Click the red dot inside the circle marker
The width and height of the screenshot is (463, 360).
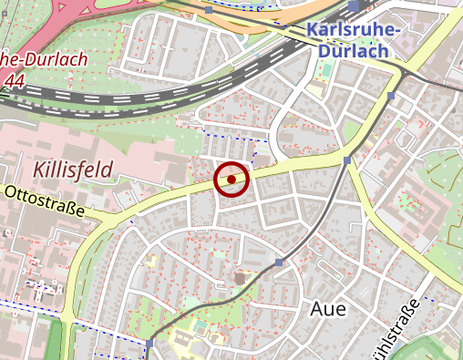(231, 180)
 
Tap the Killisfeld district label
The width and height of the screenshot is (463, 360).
(73, 170)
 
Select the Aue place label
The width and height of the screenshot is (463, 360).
(328, 308)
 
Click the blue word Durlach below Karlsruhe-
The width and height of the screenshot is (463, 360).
(353, 51)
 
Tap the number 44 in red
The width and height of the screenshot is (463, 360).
(14, 80)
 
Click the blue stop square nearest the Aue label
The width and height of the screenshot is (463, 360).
(279, 262)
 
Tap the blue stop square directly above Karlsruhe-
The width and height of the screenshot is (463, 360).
(354, 6)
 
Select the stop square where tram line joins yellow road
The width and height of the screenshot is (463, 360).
(347, 160)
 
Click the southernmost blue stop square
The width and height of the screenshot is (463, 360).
(149, 344)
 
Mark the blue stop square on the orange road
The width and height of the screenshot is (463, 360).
(209, 10)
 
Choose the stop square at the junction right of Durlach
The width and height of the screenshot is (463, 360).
(391, 95)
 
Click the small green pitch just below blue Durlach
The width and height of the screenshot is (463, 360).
(325, 93)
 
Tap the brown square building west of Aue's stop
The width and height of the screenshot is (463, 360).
(240, 274)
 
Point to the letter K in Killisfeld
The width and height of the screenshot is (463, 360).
(39, 170)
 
